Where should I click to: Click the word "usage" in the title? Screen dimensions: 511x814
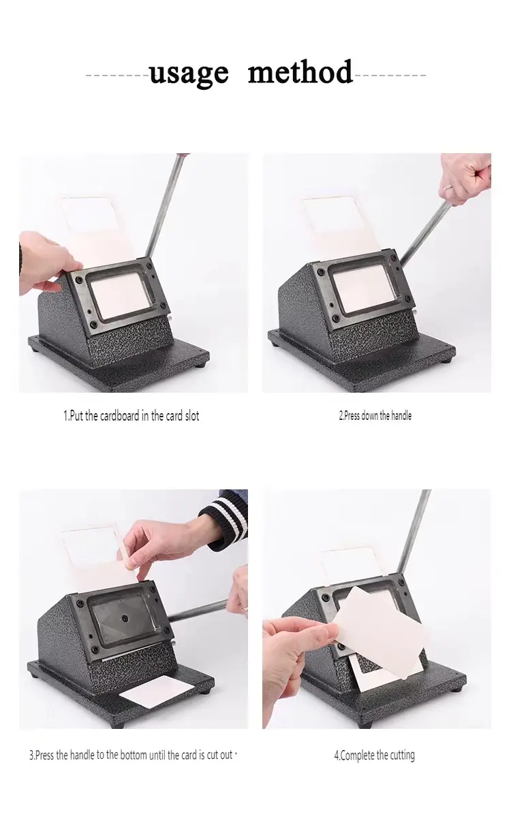(x=189, y=74)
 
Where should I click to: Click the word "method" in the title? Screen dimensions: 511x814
(x=300, y=71)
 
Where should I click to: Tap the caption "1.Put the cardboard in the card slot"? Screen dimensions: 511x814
(x=131, y=416)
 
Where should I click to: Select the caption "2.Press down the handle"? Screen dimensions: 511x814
(x=375, y=416)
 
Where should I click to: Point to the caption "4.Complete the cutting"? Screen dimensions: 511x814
(x=374, y=755)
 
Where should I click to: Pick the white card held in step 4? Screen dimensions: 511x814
(x=383, y=632)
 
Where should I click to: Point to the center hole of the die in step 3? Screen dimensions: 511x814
(x=125, y=618)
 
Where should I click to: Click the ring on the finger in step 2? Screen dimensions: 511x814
(x=448, y=186)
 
